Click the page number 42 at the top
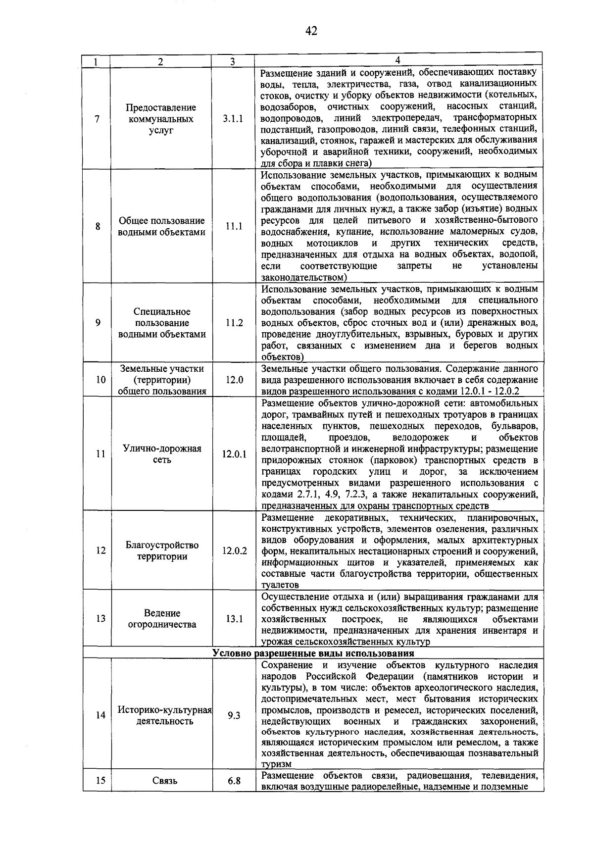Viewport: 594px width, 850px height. coord(311,31)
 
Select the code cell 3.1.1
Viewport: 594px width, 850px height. coord(233,119)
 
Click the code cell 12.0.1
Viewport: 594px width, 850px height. coord(234,454)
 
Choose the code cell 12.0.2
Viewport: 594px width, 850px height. coord(234,550)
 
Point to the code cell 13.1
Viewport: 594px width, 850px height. coord(234,619)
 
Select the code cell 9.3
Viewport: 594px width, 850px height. coord(234,715)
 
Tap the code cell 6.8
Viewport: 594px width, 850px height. coord(234,781)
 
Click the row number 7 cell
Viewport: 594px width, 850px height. coord(98,119)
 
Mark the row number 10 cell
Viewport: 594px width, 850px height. coord(100,380)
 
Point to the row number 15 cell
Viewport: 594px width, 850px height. coord(100,781)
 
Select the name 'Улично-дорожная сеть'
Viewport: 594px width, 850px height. coord(162,454)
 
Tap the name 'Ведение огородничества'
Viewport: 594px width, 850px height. coord(162,619)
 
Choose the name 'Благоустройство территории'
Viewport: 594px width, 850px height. coord(162,550)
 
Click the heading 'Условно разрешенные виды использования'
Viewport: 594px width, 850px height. coord(313,653)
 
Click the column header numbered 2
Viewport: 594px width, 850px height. coord(160,62)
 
